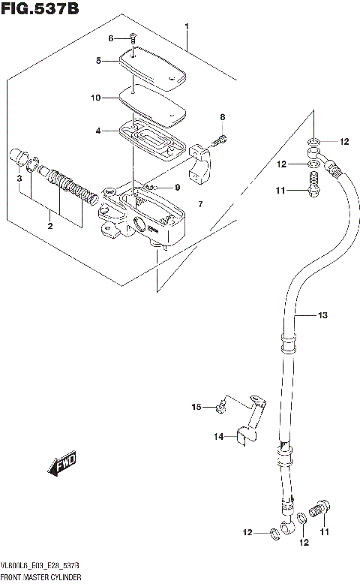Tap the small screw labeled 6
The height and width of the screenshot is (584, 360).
click(132, 38)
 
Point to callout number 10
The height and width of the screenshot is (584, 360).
click(96, 98)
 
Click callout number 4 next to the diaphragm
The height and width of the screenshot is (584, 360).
click(98, 131)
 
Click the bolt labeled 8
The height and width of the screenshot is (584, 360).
click(219, 140)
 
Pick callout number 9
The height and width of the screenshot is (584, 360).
click(177, 188)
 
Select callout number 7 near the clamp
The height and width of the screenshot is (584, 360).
click(200, 204)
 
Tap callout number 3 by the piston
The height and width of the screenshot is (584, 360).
click(19, 178)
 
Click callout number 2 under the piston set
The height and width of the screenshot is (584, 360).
click(50, 224)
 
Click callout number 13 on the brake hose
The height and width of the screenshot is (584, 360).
click(322, 316)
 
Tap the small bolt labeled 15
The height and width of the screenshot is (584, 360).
click(220, 407)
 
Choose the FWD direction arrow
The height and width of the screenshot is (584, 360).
click(63, 465)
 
